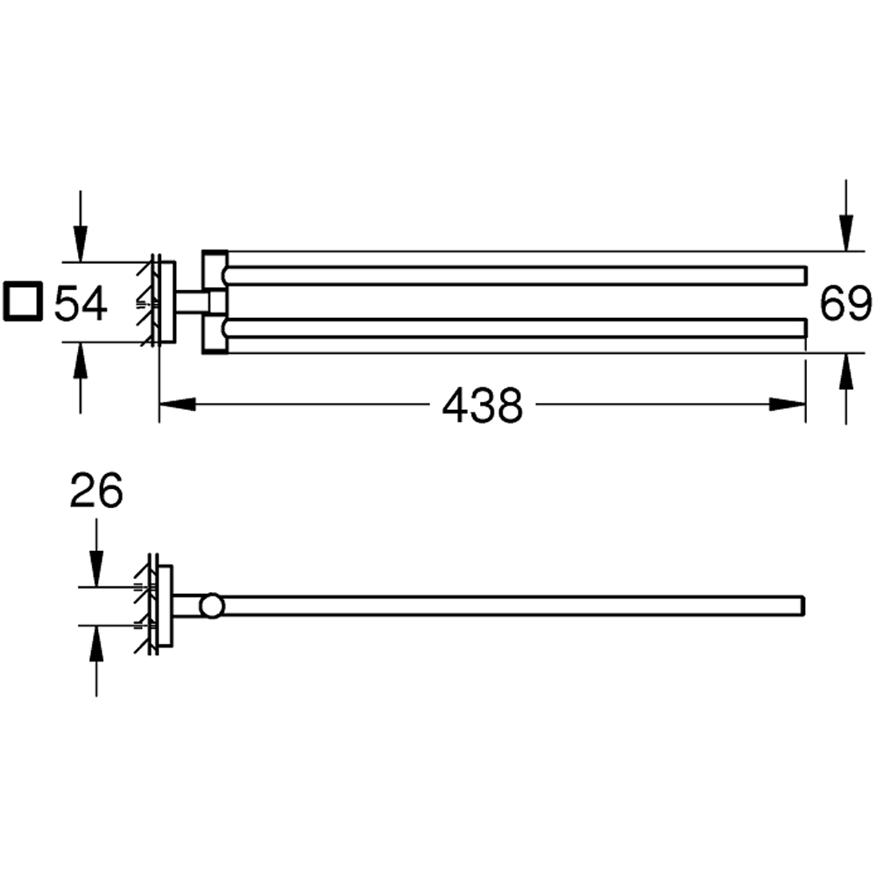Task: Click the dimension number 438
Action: [482, 406]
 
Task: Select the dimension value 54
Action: [81, 303]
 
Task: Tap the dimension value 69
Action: [844, 303]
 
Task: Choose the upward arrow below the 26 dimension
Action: [96, 643]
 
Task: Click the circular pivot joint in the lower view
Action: [211, 605]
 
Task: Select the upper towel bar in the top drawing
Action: [517, 275]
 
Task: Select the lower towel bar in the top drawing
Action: [517, 328]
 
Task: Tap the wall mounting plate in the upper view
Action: [163, 302]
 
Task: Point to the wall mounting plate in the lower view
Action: [163, 605]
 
